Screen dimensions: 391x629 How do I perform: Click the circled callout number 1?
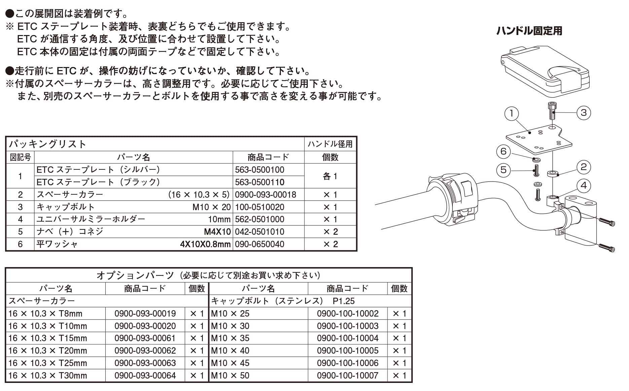point(512,113)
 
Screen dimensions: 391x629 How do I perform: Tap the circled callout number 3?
point(584,112)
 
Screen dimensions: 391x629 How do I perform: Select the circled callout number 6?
point(504,151)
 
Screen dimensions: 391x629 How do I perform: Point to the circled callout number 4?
point(584,185)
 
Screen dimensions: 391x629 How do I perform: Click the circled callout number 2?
point(584,167)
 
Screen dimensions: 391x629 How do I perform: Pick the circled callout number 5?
point(504,170)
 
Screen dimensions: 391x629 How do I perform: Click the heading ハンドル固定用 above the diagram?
point(529,31)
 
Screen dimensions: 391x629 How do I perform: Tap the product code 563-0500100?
point(259,170)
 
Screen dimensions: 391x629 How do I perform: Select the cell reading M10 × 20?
point(211,207)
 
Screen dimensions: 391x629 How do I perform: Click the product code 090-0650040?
point(259,244)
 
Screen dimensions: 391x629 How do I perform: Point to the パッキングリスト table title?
point(47,144)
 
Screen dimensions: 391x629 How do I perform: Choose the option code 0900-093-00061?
point(145,338)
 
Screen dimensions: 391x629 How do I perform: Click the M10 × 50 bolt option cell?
point(230,376)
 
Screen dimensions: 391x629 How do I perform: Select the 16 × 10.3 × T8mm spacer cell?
point(45,314)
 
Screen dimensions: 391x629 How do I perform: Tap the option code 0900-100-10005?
point(347,351)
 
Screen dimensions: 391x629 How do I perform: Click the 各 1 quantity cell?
point(330,176)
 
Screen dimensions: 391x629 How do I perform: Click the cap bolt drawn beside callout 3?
point(552,111)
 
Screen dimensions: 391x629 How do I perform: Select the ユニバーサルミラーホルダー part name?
point(91,219)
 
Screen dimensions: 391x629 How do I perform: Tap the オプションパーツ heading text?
point(135,275)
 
